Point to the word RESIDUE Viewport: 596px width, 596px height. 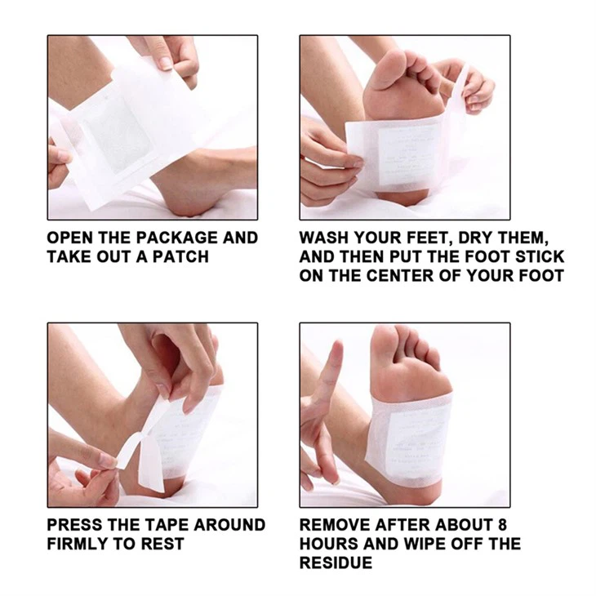point(336,563)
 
